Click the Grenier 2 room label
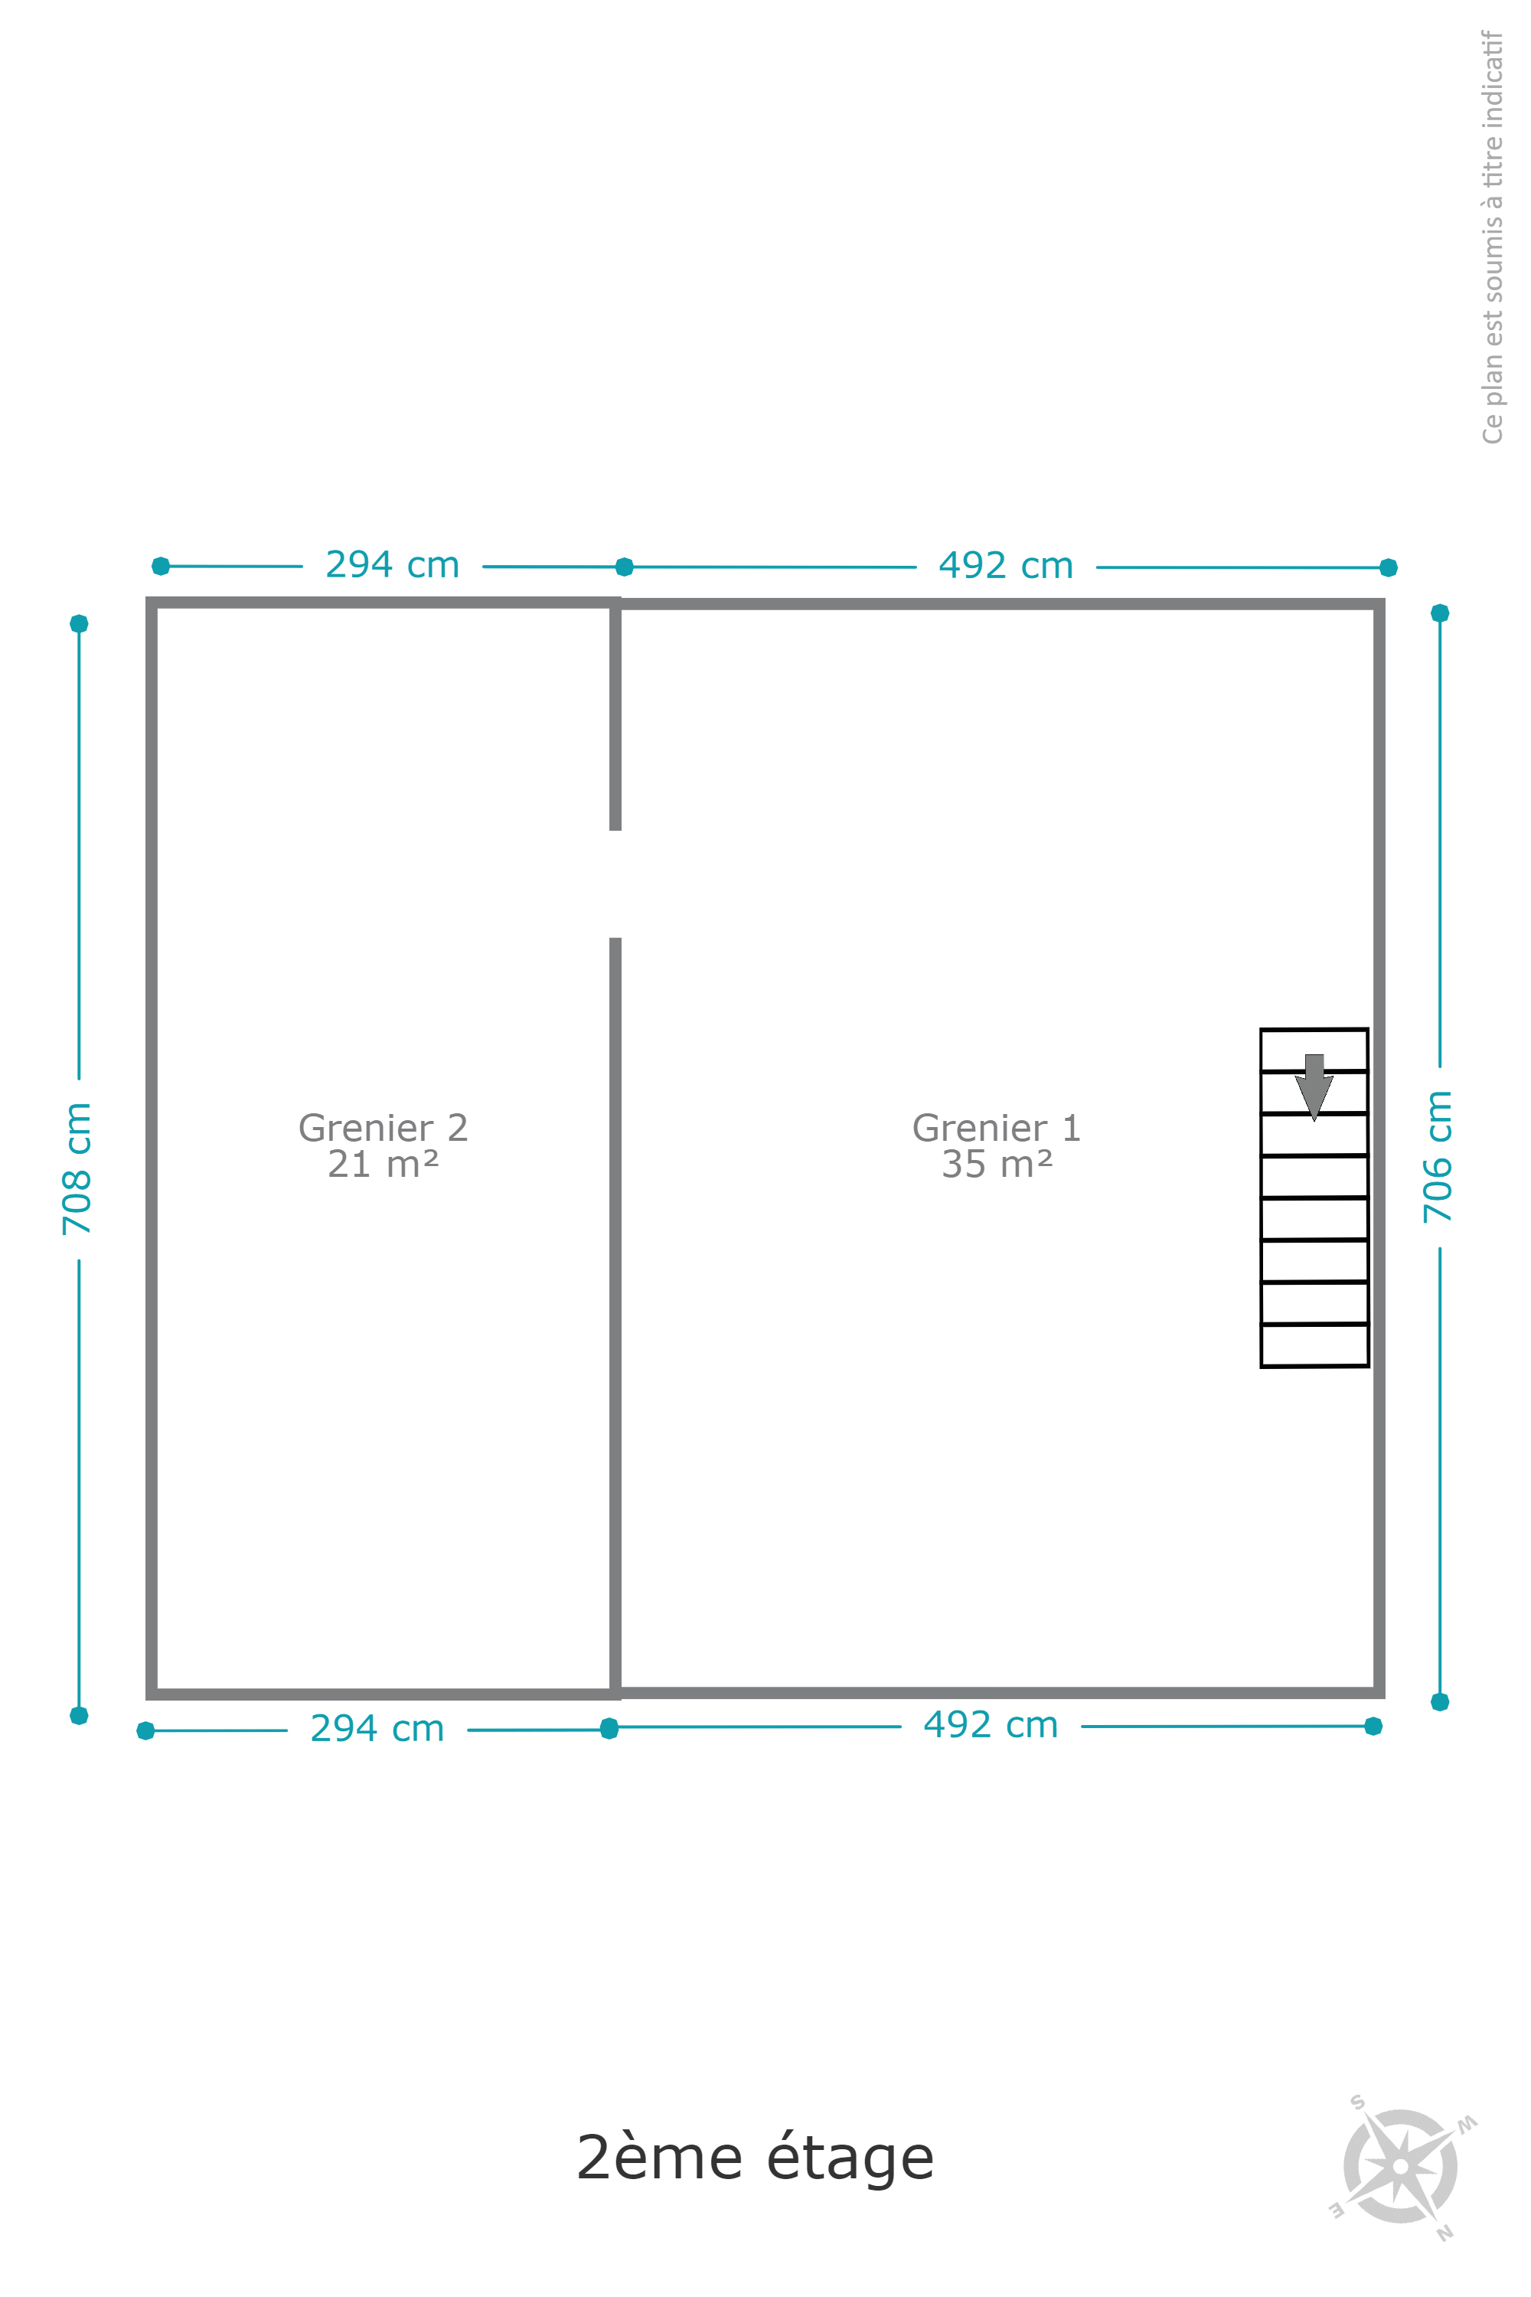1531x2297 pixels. tap(383, 1128)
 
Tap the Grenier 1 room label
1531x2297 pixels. tap(997, 1128)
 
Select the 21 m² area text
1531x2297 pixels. tap(383, 1164)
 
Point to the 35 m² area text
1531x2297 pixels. tap(997, 1164)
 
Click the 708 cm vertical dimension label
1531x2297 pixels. tap(76, 1168)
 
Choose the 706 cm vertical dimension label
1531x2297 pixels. tap(1438, 1156)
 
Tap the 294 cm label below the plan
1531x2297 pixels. tap(377, 1729)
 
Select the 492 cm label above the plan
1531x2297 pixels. tap(1006, 566)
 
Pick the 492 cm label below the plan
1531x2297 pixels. tap(991, 1725)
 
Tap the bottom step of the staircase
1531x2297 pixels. tap(1314, 1345)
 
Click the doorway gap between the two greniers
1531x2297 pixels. tap(615, 884)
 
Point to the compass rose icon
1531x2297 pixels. tap(1401, 2166)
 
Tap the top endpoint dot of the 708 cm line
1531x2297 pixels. tap(79, 623)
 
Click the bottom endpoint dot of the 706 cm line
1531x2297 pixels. tap(1440, 1702)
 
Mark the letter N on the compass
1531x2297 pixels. tap(1444, 2232)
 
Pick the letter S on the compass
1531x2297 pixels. tap(1357, 2102)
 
